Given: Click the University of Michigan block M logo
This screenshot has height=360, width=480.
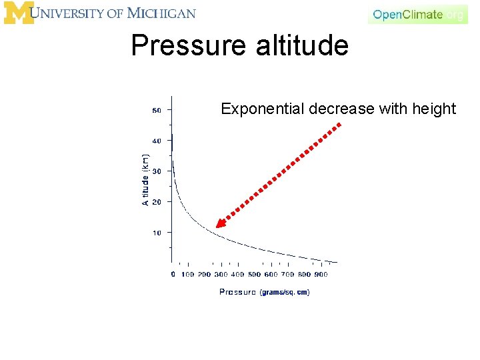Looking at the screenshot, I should (x=18, y=13).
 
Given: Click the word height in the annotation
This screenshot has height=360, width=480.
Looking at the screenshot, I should (x=434, y=109).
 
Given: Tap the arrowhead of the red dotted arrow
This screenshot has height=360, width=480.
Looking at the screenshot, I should (x=221, y=223).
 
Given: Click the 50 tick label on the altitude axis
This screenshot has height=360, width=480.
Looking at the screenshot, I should (x=157, y=111).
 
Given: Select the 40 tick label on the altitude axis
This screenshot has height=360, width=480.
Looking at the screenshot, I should (x=157, y=141).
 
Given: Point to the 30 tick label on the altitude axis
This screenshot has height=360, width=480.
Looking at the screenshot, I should (x=157, y=171).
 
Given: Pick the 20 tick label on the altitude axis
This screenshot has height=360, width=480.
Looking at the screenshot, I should (x=157, y=202).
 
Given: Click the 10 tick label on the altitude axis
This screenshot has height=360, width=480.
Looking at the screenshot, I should (x=157, y=233).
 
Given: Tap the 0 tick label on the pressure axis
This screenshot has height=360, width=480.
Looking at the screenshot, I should (x=173, y=274).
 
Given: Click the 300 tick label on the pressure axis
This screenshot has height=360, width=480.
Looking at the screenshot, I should (x=221, y=274).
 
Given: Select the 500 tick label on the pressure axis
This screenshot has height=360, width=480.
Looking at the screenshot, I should (x=254, y=274).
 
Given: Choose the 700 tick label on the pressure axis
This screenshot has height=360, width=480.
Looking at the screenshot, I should (x=287, y=274).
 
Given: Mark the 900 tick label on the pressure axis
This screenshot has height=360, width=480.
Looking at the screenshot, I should (x=321, y=274).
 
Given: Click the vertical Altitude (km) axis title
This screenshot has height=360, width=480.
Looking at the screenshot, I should (x=145, y=179).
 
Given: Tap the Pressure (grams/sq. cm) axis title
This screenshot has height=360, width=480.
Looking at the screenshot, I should (x=264, y=292).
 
